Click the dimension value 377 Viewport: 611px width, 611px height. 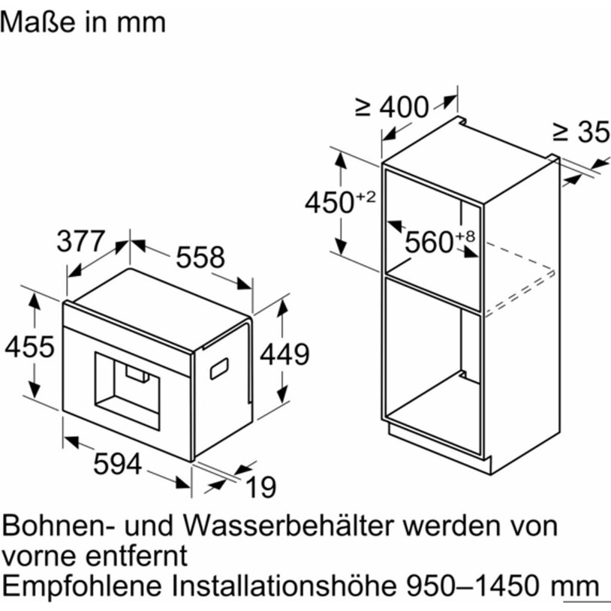pyautogui.click(x=80, y=241)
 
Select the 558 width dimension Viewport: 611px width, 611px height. pyautogui.click(x=200, y=257)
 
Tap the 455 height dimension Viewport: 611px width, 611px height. pyautogui.click(x=29, y=347)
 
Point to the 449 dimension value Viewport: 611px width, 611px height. pyautogui.click(x=284, y=354)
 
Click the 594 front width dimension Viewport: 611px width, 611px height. pyautogui.click(x=118, y=464)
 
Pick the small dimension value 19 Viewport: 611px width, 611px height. pyautogui.click(x=261, y=487)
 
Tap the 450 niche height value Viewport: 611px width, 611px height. pyautogui.click(x=329, y=203)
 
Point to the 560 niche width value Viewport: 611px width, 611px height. pyautogui.click(x=429, y=242)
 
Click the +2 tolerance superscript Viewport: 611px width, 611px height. pyautogui.click(x=366, y=197)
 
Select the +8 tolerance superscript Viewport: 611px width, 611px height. pyautogui.click(x=465, y=236)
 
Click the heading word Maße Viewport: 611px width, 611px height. pyautogui.click(x=38, y=22)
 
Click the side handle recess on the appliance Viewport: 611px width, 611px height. pyautogui.click(x=219, y=369)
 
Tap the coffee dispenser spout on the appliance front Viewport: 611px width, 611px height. pyautogui.click(x=137, y=374)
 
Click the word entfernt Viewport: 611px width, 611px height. pyautogui.click(x=137, y=555)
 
